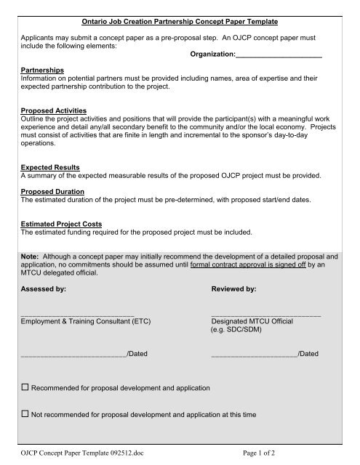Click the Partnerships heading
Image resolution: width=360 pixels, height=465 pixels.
point(42,70)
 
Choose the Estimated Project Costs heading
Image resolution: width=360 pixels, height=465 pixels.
point(62,223)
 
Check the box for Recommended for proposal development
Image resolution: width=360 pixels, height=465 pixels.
point(25,387)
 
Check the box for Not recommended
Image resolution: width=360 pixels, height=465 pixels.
point(25,414)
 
